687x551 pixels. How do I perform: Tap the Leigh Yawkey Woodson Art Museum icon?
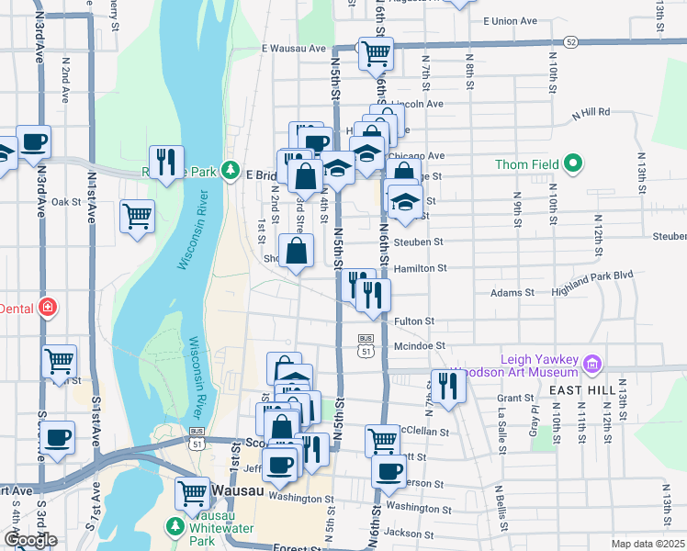(x=591, y=365)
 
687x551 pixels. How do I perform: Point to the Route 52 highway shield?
(x=571, y=42)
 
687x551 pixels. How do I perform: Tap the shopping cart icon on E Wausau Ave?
(x=375, y=54)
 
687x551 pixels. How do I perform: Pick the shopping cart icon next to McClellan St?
(x=383, y=440)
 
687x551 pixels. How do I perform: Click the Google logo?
(x=29, y=540)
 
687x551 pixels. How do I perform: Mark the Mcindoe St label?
(x=419, y=346)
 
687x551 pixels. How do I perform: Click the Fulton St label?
(x=413, y=321)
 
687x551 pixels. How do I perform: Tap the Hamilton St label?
(x=420, y=269)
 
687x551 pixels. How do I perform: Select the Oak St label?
(x=66, y=202)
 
